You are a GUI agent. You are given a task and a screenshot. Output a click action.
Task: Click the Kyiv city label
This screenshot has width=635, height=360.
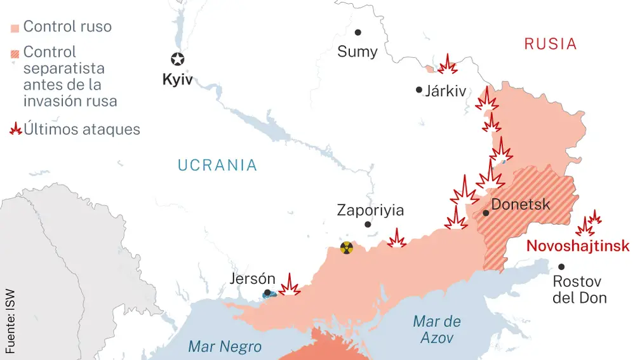click(177, 81)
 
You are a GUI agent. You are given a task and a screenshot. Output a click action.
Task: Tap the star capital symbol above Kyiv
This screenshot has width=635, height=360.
click(177, 60)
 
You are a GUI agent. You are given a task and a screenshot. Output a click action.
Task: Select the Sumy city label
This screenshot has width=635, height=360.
click(357, 51)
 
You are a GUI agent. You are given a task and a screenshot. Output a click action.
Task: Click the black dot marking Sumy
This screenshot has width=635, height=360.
click(358, 32)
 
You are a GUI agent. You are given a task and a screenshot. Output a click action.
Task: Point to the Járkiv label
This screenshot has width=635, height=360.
click(445, 91)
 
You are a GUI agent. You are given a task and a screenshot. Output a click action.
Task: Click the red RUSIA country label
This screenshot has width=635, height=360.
click(550, 44)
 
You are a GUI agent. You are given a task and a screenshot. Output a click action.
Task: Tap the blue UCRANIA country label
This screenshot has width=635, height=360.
click(217, 166)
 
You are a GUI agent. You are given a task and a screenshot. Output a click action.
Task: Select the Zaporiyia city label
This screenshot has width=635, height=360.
click(370, 210)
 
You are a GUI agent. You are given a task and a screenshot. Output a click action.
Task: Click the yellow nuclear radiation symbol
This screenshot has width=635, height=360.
click(346, 248)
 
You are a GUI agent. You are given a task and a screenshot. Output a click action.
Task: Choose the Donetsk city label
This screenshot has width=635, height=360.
click(521, 205)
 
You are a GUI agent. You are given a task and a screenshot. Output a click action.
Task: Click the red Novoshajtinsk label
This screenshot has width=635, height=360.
click(578, 246)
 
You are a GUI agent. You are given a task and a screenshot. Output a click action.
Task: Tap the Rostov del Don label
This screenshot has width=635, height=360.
click(579, 290)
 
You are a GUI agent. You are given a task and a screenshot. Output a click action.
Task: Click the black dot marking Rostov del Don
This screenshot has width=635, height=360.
click(561, 267)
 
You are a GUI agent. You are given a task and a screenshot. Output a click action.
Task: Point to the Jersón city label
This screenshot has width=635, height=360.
click(253, 279)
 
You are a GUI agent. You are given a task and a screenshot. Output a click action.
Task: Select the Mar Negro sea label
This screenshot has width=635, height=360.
click(225, 347)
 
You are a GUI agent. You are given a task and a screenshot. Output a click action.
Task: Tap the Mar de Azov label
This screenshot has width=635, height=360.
click(437, 330)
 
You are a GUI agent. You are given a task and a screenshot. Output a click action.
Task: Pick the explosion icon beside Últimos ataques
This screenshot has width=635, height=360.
click(15, 130)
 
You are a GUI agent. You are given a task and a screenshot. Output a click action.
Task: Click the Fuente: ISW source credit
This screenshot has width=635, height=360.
click(10, 321)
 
